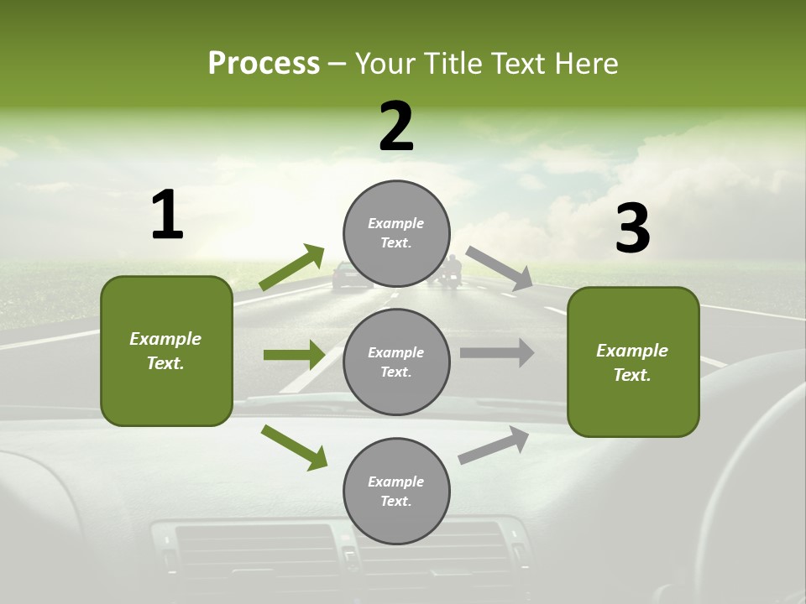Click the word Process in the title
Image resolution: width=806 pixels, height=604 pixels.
[x=264, y=64]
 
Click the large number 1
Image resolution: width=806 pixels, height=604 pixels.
[x=167, y=216]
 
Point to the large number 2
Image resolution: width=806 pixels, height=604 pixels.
[x=396, y=127]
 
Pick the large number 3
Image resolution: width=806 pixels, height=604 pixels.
[x=632, y=228]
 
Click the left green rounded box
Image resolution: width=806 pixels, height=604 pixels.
[x=166, y=351]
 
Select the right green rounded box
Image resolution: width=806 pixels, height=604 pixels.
[x=633, y=362]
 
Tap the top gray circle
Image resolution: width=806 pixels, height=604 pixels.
[x=396, y=233]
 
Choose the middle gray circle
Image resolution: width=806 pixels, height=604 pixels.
[x=396, y=362]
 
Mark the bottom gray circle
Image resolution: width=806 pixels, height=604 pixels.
[x=396, y=491]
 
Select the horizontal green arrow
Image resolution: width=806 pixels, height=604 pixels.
[x=294, y=355]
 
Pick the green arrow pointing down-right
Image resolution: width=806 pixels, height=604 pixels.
[x=295, y=447]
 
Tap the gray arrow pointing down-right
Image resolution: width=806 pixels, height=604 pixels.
[x=500, y=268]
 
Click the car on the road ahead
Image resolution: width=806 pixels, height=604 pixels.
[x=352, y=276]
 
